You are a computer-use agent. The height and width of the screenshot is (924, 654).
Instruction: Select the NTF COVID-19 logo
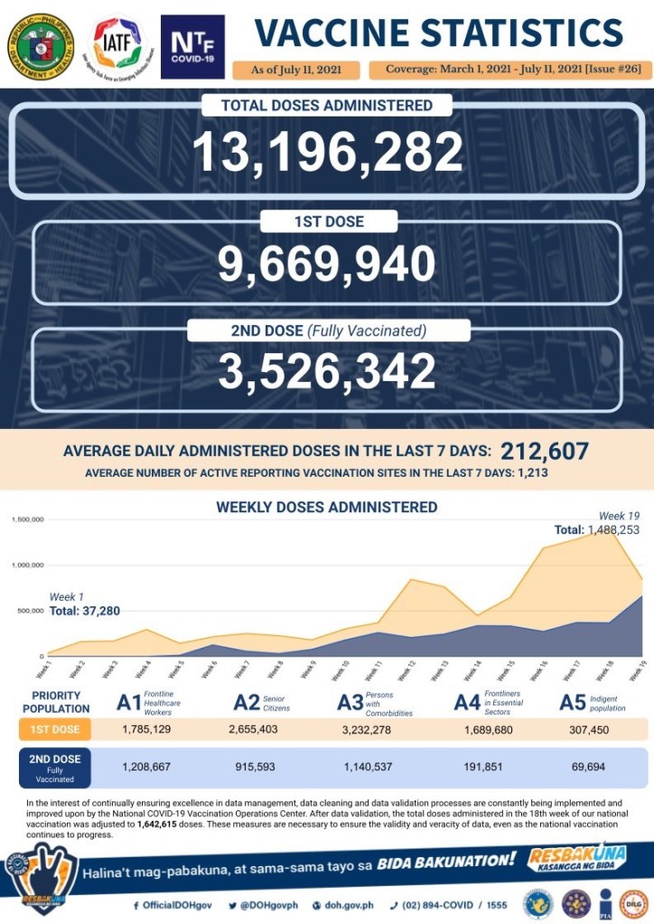[x=192, y=46]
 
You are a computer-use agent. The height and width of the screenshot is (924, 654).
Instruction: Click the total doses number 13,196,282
[x=327, y=152]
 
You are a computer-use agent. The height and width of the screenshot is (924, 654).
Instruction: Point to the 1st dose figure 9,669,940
[x=327, y=264]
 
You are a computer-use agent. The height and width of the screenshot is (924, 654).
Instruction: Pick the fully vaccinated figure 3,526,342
[x=327, y=371]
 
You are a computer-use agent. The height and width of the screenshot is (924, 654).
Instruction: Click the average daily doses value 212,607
[x=544, y=451]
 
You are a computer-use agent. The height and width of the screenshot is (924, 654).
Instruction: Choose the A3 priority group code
[x=350, y=703]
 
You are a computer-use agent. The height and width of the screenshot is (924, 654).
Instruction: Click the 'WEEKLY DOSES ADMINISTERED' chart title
[x=327, y=507]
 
